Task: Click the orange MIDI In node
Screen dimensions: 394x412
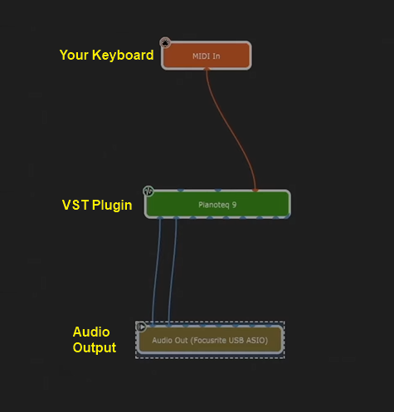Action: coord(207,56)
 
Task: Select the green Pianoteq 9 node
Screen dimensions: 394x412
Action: coord(217,204)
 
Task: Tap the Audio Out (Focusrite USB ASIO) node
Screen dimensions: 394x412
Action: coord(210,340)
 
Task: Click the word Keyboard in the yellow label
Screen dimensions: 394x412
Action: coord(123,56)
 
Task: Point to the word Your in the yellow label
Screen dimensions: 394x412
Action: coord(74,55)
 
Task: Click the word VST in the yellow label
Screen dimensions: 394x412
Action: coord(75,205)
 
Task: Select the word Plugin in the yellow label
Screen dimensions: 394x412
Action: coord(112,206)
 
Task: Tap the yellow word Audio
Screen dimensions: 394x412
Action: coord(91,332)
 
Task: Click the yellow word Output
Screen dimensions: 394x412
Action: coord(95,348)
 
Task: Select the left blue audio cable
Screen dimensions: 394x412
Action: coord(156,272)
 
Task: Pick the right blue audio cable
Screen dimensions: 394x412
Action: coord(173,272)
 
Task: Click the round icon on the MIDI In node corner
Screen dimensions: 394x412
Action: coord(165,43)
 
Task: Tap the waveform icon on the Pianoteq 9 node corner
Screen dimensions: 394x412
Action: coord(148,191)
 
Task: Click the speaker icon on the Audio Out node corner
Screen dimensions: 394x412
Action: coord(141,327)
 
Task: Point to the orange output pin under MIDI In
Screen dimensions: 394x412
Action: coord(207,69)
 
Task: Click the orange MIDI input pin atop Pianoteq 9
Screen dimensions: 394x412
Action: coord(255,190)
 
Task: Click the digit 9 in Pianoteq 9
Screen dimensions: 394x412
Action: coord(234,205)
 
